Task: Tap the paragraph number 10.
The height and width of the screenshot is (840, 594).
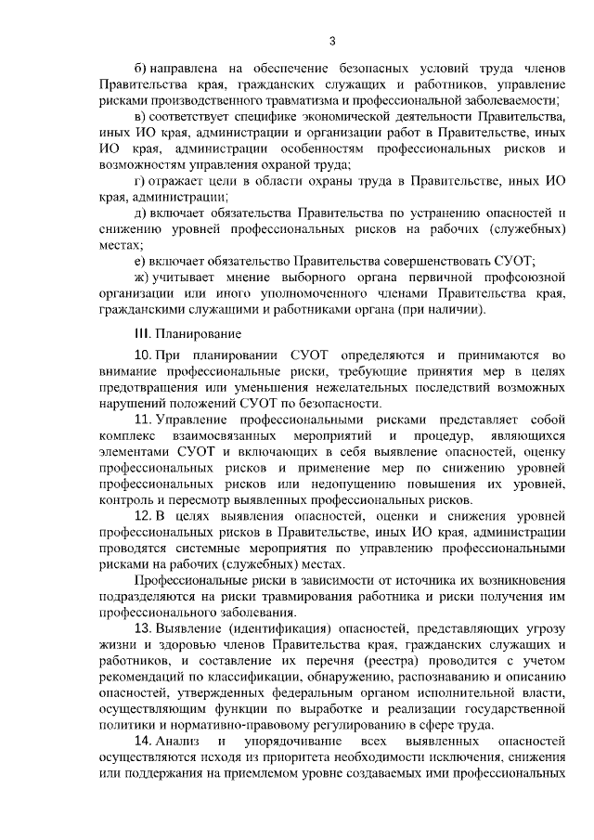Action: pos(143,355)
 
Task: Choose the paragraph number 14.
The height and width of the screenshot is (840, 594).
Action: pos(143,743)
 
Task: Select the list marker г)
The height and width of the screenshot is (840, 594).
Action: pos(141,181)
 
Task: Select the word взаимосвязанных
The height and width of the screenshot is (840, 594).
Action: pos(227,436)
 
